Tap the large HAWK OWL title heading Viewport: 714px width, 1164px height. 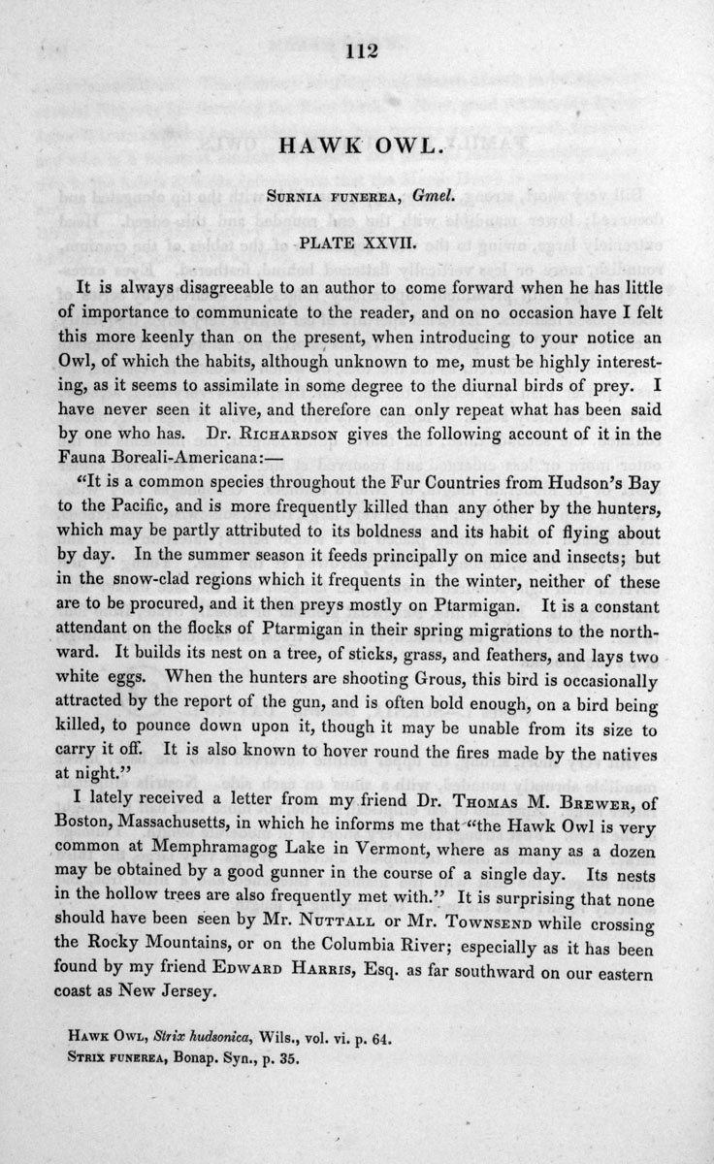[357, 145]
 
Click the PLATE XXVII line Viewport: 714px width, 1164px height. [357, 236]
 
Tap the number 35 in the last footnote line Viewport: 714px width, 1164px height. [285, 1060]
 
